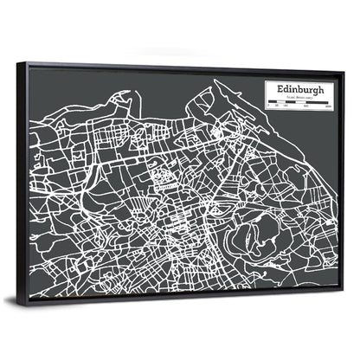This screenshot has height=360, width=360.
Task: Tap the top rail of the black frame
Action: (182, 67)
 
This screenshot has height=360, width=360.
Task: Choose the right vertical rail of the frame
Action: (342, 182)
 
